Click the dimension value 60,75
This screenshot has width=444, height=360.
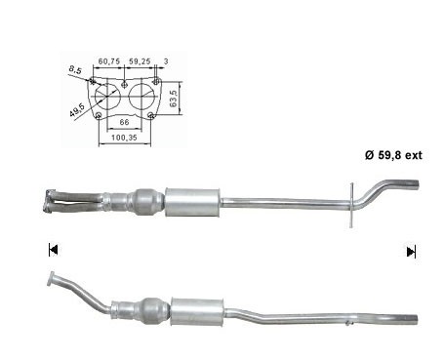pyautogui.click(x=109, y=61)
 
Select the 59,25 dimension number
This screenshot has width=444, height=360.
pyautogui.click(x=140, y=61)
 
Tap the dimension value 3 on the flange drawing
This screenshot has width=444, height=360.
pyautogui.click(x=166, y=61)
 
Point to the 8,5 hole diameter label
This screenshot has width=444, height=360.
pyautogui.click(x=75, y=69)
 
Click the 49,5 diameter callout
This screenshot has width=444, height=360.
pyautogui.click(x=77, y=110)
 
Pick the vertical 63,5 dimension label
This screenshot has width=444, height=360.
pyautogui.click(x=174, y=99)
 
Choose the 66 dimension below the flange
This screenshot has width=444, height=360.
pyautogui.click(x=124, y=122)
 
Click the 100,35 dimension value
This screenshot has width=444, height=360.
pyautogui.click(x=124, y=138)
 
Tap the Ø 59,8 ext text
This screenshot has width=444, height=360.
pyautogui.click(x=393, y=155)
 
